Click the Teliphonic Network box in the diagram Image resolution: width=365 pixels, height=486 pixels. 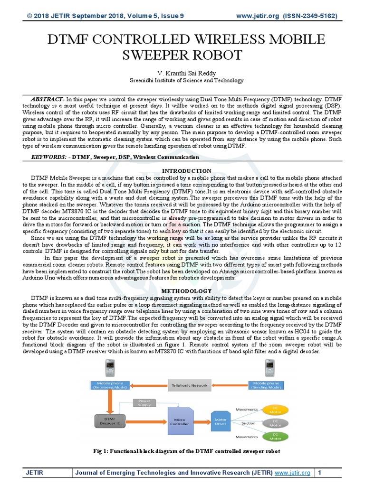[190, 385]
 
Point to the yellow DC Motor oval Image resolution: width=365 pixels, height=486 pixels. [276, 409]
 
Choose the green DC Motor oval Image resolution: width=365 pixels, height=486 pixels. [276, 436]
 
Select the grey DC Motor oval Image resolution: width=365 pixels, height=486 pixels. [276, 422]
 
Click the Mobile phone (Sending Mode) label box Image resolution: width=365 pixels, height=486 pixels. [266, 385]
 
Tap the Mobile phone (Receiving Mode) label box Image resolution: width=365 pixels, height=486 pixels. [111, 385]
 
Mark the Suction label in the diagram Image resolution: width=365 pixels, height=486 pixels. [248, 423]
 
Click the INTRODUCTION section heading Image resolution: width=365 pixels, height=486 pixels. [187, 171]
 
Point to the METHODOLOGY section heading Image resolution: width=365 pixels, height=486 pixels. [187, 291]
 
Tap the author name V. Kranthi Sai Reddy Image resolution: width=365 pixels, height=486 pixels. [182, 73]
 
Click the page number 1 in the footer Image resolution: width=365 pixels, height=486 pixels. [320, 473]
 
